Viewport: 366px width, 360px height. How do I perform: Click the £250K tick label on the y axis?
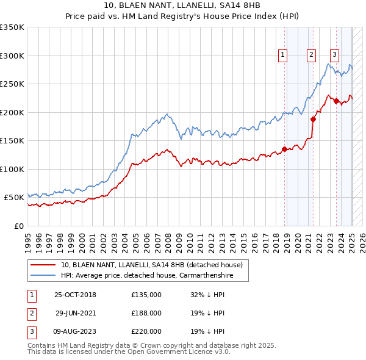12,84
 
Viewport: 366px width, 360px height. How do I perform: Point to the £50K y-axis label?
13,198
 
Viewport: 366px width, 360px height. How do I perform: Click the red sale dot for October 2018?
284,149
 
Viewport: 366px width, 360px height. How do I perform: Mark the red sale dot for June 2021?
313,119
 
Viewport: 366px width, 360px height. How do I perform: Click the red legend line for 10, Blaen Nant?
43,265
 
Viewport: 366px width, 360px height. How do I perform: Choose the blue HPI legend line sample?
43,275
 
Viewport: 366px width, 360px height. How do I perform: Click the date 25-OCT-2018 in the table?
75,295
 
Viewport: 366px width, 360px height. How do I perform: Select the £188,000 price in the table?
146,313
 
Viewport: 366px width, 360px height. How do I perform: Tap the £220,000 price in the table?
146,331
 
